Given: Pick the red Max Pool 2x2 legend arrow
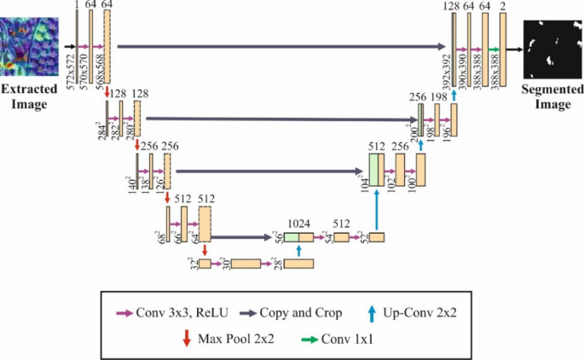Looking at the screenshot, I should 187,338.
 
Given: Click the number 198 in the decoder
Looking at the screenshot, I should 440,97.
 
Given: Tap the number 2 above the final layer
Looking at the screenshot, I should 505,7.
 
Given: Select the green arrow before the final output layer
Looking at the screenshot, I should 493,50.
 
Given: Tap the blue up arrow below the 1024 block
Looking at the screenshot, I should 299,250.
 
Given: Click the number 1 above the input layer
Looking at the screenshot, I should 77,7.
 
